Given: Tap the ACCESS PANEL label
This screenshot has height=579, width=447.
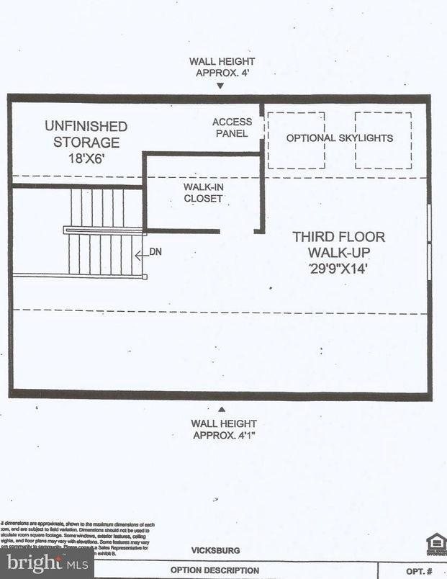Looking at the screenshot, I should click(x=232, y=127).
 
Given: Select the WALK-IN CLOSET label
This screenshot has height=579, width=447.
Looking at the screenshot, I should click(x=203, y=192).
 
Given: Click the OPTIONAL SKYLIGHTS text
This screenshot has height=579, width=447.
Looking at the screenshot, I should click(x=340, y=138).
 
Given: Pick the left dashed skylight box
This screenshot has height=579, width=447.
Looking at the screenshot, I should click(x=296, y=140).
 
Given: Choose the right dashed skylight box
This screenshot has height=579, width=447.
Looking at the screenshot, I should click(x=383, y=140).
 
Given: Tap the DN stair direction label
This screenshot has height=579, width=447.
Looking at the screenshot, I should click(x=155, y=253).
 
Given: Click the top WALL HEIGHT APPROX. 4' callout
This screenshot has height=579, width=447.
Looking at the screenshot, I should click(x=221, y=67).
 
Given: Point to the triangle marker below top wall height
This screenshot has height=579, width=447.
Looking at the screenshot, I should click(x=221, y=86).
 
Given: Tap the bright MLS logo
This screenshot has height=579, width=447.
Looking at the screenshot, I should click(x=47, y=564).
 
